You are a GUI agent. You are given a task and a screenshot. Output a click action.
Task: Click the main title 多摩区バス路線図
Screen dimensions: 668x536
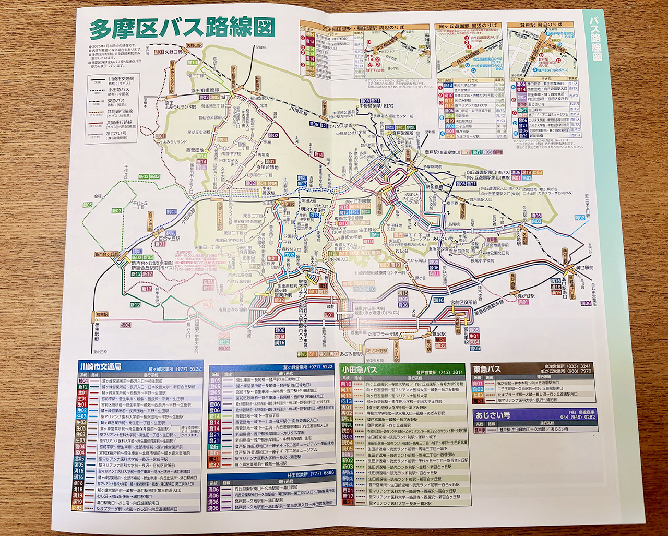[x=182, y=29]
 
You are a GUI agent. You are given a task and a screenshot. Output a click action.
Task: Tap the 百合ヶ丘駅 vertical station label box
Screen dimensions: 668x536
[x=151, y=220]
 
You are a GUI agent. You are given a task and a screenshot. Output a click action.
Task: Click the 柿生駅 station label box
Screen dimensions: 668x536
[x=102, y=315]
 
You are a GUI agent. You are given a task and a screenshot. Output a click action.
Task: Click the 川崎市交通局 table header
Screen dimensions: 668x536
[x=100, y=367]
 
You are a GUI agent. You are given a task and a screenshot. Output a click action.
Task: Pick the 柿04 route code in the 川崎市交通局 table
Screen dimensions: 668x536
[x=81, y=381]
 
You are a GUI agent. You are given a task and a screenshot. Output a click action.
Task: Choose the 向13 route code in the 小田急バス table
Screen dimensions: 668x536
[x=346, y=401]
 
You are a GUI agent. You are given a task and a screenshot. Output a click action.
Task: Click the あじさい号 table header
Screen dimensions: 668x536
[x=493, y=415]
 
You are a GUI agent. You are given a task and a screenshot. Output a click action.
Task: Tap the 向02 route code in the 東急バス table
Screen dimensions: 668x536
[x=478, y=389]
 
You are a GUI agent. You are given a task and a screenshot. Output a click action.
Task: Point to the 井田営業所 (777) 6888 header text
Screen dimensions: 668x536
[x=310, y=473]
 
